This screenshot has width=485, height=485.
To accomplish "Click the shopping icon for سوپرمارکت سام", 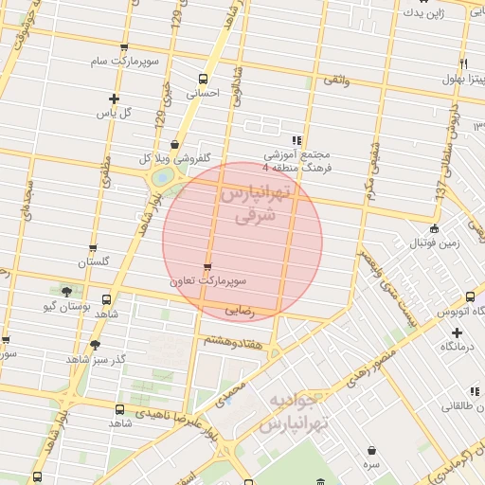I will [125, 47].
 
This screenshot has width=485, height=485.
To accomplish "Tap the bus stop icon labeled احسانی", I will [202, 80].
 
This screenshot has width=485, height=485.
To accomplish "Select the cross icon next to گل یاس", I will [115, 99].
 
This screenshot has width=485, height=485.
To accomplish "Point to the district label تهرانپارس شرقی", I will [257, 205].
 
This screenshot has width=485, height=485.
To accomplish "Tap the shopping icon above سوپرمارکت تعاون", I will [207, 266].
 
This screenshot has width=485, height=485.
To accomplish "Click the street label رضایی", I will [240, 310].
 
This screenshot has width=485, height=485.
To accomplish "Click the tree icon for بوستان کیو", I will [65, 291].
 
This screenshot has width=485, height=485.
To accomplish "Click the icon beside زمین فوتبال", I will [434, 228].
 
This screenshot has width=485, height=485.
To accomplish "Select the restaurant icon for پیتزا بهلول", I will [463, 63].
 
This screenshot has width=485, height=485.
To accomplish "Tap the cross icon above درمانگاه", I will [458, 332].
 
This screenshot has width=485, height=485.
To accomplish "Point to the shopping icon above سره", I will [371, 450].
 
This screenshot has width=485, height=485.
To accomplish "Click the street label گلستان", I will [93, 261].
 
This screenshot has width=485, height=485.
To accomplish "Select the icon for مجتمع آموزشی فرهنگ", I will [297, 139].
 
